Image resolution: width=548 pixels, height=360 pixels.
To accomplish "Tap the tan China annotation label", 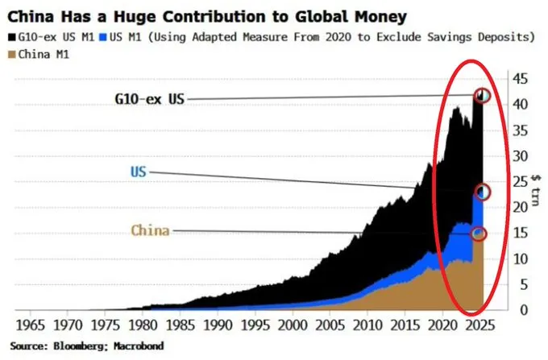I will [151, 230].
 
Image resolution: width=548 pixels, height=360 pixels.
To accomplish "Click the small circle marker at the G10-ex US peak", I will [483, 96].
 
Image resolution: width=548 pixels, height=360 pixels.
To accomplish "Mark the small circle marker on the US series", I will [483, 192].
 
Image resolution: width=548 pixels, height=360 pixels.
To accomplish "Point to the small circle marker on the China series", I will [479, 234].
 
